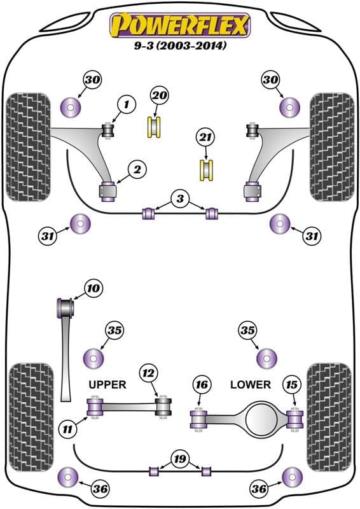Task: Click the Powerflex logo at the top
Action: [180, 25]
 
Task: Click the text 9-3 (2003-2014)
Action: [180, 46]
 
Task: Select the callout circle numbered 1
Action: [125, 104]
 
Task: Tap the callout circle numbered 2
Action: [137, 169]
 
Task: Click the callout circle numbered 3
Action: [180, 200]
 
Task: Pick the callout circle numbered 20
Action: [159, 96]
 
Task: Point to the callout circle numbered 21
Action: [205, 138]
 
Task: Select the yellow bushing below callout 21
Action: [205, 171]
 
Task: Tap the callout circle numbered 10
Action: [93, 289]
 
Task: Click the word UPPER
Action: [107, 384]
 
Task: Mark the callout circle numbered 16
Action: [202, 384]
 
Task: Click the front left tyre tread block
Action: [27, 146]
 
